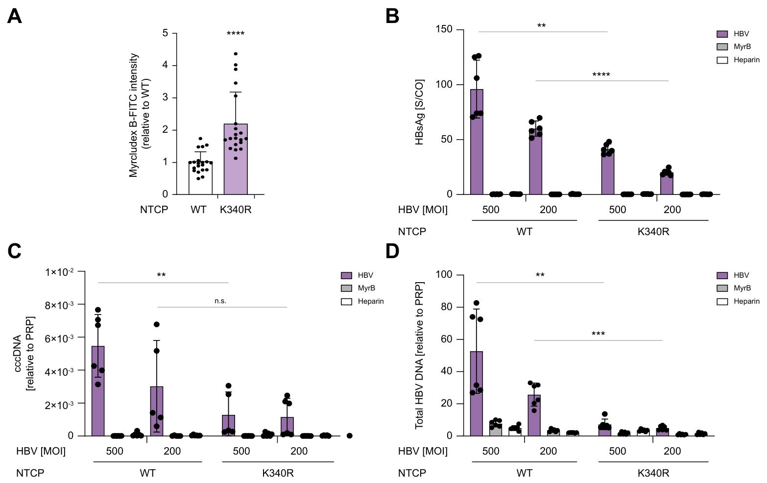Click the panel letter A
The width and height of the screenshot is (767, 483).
(15, 17)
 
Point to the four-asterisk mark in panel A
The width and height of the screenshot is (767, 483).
(236, 34)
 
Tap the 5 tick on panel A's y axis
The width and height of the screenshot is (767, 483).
(166, 33)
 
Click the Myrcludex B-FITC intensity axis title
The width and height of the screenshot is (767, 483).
(140, 115)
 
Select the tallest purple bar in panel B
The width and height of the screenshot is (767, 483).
(477, 142)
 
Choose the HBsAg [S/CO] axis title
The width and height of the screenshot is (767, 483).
(420, 112)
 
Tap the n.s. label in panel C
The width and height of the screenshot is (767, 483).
(220, 301)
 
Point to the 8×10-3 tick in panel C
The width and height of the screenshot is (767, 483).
(59, 305)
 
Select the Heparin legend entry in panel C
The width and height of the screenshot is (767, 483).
(362, 301)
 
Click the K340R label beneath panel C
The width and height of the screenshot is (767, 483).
(278, 473)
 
